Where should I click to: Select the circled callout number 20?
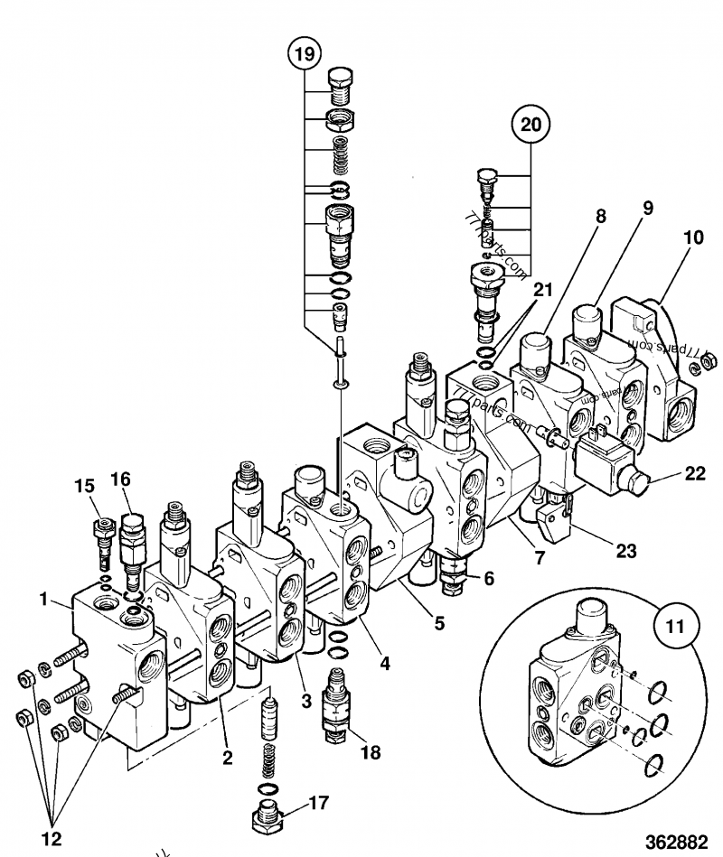(532, 126)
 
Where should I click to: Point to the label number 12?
(52, 838)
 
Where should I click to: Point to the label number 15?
(85, 485)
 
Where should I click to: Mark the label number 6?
(488, 579)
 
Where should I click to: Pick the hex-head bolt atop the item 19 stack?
(340, 85)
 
